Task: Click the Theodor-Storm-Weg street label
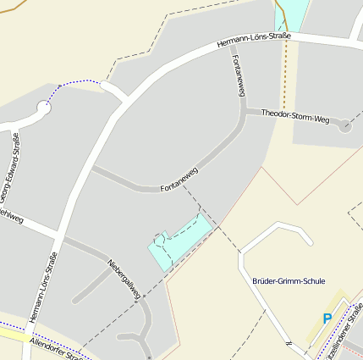point(294,116)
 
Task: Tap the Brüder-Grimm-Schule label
point(289,280)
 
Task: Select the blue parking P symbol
point(327,318)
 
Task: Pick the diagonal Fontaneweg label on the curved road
point(179,180)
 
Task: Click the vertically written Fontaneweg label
point(237,77)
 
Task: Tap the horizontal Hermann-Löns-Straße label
point(254,40)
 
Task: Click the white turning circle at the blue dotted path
point(44,108)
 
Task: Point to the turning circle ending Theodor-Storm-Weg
point(345,126)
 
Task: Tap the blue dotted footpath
point(80,83)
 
